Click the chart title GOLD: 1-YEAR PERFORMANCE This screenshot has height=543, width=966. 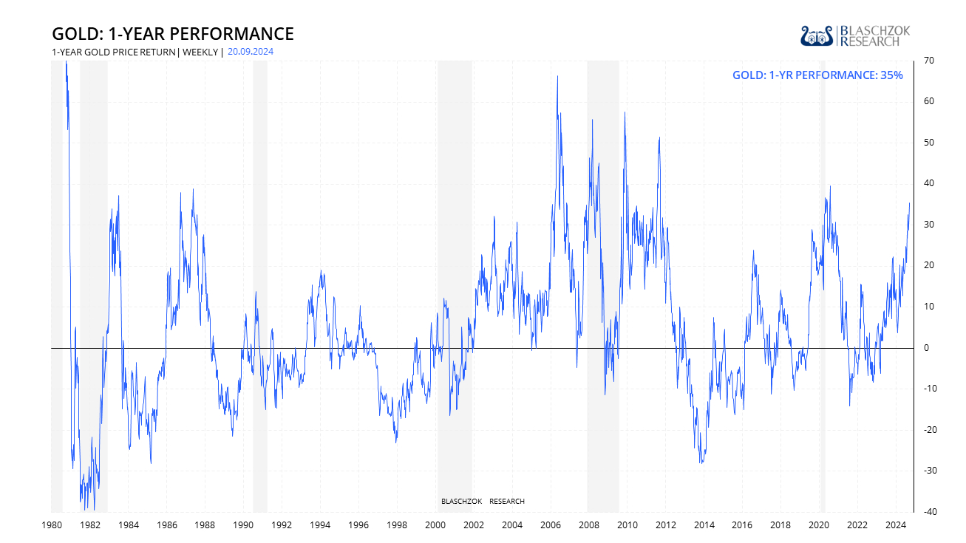[172, 34]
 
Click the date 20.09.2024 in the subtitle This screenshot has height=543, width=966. [251, 52]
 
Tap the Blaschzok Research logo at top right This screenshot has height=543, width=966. [855, 35]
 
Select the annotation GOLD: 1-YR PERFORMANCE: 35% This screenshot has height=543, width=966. [817, 75]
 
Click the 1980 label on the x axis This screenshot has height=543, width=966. [51, 525]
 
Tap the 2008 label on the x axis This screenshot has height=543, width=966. [589, 525]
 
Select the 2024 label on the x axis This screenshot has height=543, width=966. [896, 525]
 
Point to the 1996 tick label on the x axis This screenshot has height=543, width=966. [358, 525]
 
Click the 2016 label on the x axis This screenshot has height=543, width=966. [742, 525]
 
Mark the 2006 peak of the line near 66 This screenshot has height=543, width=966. [557, 76]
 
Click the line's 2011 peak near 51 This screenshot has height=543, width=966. [659, 137]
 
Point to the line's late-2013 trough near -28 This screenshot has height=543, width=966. [701, 463]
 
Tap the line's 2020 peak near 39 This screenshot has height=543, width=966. [830, 186]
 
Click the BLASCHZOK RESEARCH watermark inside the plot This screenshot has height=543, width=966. [483, 502]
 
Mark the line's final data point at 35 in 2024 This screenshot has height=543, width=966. [909, 203]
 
